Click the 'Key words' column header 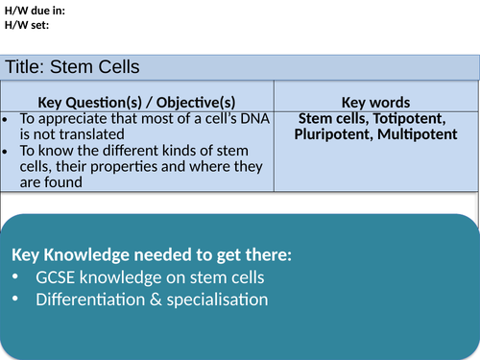[376, 102]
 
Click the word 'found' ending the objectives [69, 180]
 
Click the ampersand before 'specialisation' [156, 300]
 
